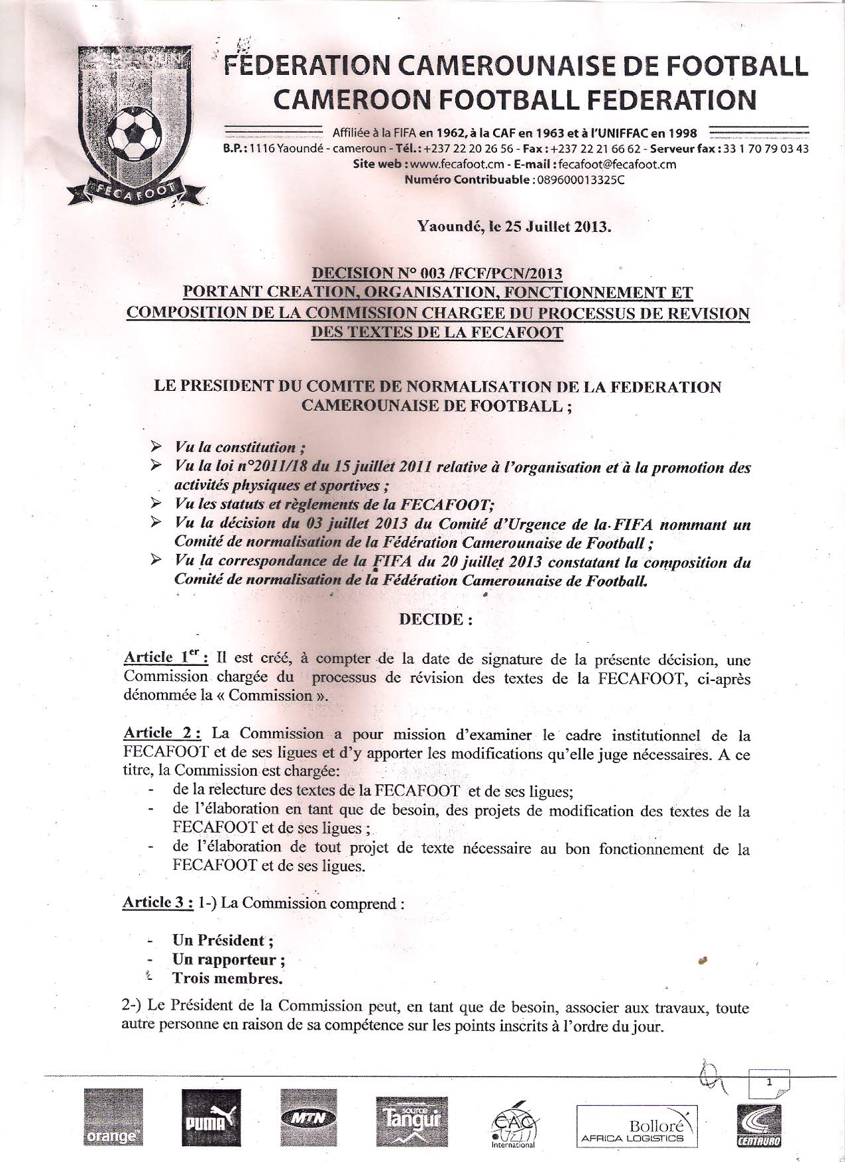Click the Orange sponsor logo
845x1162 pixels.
(113, 1118)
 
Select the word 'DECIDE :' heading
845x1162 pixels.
(435, 620)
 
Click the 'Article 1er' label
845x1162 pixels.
(166, 658)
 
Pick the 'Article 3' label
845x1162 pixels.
(159, 902)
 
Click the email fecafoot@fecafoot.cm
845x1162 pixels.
(617, 165)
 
